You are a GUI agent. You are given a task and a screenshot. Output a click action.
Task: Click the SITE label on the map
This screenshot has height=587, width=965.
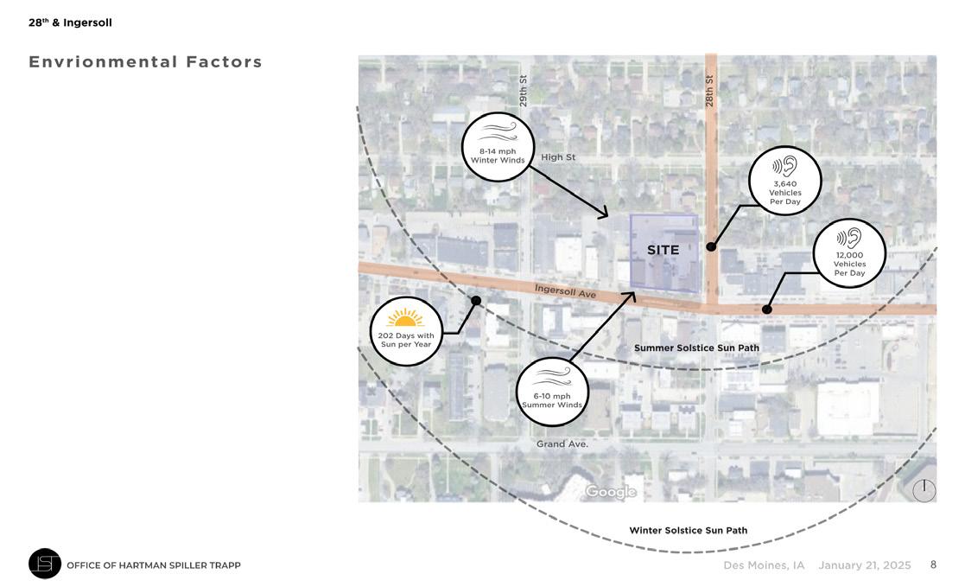coord(663,250)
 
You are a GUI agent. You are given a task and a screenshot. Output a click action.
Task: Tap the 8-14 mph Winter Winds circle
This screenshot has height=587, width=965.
coord(498,147)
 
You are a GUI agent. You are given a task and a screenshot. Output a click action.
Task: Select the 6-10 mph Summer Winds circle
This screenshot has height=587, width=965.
coord(552,392)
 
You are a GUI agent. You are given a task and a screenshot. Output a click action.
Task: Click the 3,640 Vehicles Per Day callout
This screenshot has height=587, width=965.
coord(784,181)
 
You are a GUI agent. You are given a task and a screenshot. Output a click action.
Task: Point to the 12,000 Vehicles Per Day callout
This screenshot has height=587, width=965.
coord(849,252)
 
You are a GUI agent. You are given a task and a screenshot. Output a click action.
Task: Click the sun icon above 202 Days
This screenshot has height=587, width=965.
coord(405,318)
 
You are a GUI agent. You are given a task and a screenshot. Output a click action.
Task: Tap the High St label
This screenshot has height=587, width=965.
coord(558,157)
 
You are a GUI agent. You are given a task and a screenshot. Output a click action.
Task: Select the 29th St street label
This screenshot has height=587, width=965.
coord(524,91)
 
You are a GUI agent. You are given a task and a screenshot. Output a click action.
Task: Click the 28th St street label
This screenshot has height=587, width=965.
coord(709,91)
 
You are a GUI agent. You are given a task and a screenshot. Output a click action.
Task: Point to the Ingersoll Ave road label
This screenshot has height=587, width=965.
coord(565,291)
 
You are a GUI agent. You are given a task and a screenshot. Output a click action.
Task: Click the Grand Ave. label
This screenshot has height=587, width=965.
coord(562,444)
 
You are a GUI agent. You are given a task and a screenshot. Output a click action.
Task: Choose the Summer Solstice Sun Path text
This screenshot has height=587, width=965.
coord(696,348)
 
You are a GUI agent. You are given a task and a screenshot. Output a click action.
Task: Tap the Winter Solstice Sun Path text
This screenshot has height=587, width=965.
coord(688,530)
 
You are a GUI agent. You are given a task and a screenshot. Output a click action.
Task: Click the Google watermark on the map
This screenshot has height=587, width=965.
coord(610,492)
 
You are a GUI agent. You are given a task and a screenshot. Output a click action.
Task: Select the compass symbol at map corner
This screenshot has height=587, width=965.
coord(924,490)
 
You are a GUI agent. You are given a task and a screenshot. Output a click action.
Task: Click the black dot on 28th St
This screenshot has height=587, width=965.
coord(711,246)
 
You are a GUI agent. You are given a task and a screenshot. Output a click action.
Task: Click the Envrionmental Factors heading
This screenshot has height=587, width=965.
coord(145,62)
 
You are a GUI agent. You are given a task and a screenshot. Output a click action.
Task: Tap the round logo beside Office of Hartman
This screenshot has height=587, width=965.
coord(45,564)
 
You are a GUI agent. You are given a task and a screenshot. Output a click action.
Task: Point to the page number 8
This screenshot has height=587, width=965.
coord(933,565)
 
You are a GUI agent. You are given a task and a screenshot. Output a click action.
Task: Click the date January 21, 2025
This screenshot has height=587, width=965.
coord(864,565)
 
